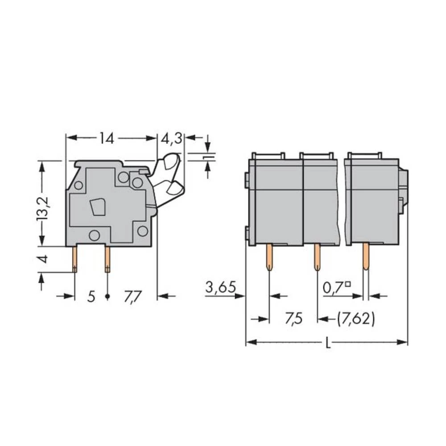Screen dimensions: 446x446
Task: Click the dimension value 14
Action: tap(107, 139)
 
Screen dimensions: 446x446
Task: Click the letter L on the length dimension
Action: tap(328, 343)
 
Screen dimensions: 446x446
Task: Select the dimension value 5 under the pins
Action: tap(91, 297)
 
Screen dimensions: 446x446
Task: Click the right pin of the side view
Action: tap(107, 260)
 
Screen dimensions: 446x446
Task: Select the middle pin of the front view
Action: tap(317, 257)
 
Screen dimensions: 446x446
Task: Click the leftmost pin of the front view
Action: tap(269, 257)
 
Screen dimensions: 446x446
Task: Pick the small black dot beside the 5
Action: tap(107, 297)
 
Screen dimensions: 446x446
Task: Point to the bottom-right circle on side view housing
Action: tap(142, 231)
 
